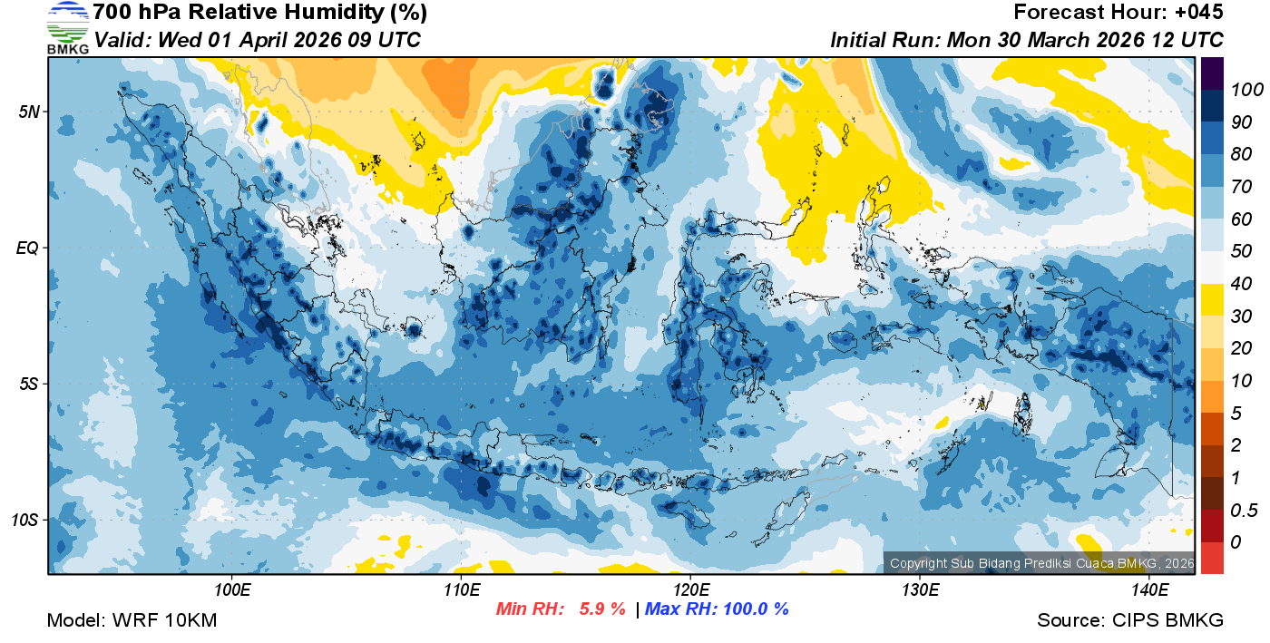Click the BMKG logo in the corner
(67, 27)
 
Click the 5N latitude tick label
(27, 112)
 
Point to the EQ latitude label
(27, 248)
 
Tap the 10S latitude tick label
(24, 520)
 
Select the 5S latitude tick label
(27, 384)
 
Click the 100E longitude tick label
(232, 590)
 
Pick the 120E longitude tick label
(690, 590)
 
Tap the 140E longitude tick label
(1149, 590)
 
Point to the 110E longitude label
(462, 590)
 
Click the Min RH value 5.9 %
(602, 609)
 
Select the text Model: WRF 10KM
(132, 620)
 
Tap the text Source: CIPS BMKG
(1130, 620)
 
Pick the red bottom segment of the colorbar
(1213, 558)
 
